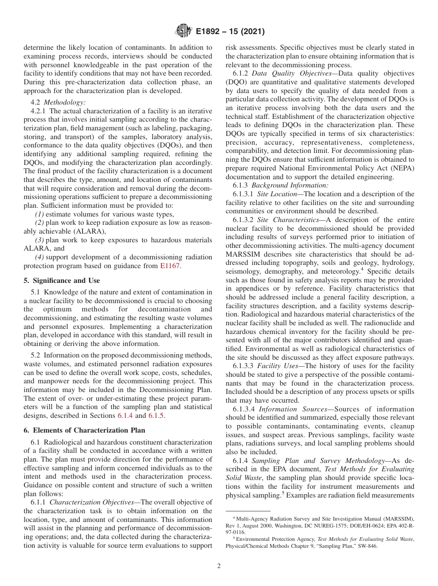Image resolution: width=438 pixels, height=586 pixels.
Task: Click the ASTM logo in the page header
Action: [x=183, y=31]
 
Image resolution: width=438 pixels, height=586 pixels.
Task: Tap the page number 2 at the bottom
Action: [x=219, y=566]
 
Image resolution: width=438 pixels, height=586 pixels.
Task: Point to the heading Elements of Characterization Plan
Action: [x=84, y=430]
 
